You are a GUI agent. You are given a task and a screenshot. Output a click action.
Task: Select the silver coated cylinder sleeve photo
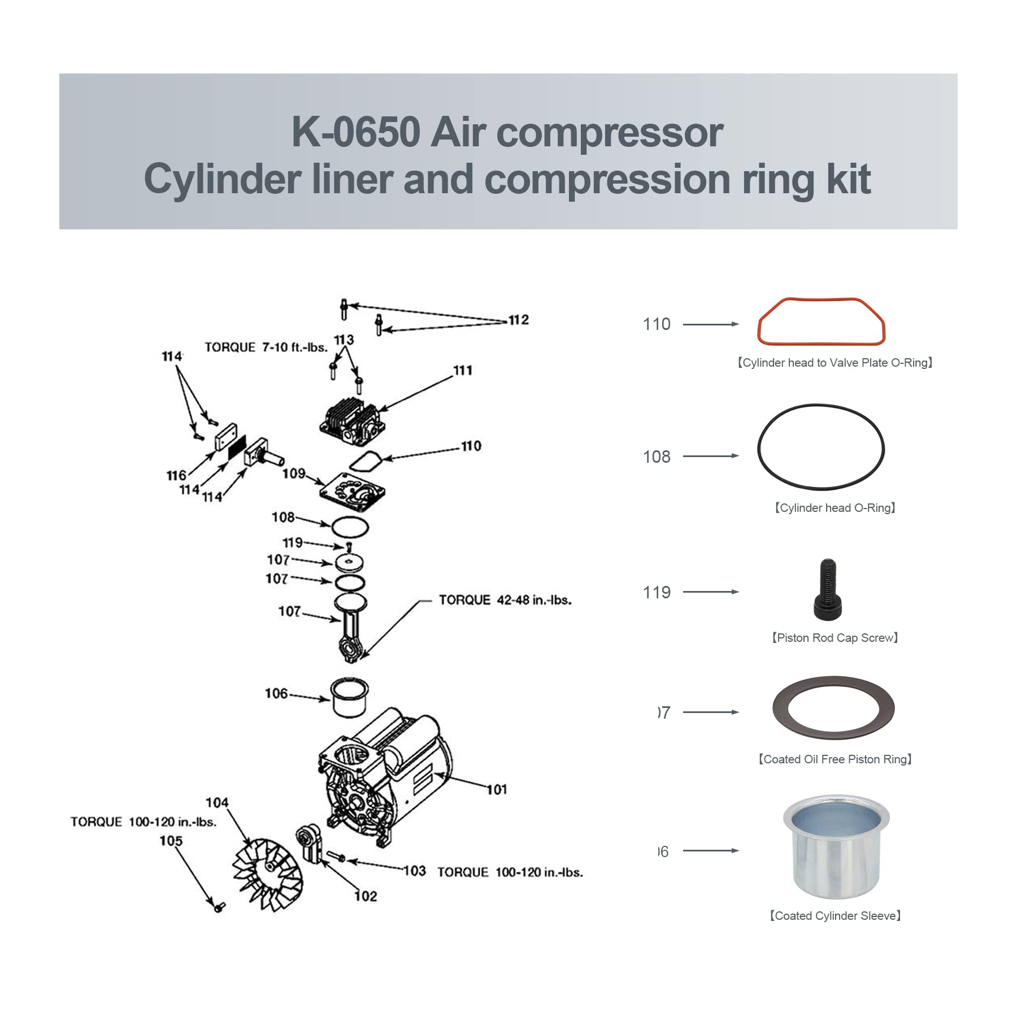tap(836, 847)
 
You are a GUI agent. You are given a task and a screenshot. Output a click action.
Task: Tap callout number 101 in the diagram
tap(497, 789)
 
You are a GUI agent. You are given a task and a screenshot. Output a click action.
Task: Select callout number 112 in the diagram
tap(518, 320)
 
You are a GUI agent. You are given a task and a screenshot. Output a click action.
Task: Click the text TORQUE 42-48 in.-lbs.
tap(505, 600)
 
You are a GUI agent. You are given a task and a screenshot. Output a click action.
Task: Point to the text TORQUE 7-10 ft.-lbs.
tap(266, 347)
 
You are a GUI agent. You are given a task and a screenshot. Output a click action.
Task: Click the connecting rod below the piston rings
tap(350, 633)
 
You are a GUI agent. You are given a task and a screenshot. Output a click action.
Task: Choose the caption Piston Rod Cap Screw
tap(835, 638)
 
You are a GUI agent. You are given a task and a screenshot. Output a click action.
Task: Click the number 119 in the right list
tap(657, 592)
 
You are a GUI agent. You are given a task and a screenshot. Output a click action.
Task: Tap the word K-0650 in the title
tap(356, 132)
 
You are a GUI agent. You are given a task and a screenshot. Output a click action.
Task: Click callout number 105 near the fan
tap(171, 841)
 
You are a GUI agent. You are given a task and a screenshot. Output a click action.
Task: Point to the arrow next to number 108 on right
tap(711, 456)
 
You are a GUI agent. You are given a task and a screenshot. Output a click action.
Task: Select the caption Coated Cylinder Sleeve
tap(835, 916)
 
